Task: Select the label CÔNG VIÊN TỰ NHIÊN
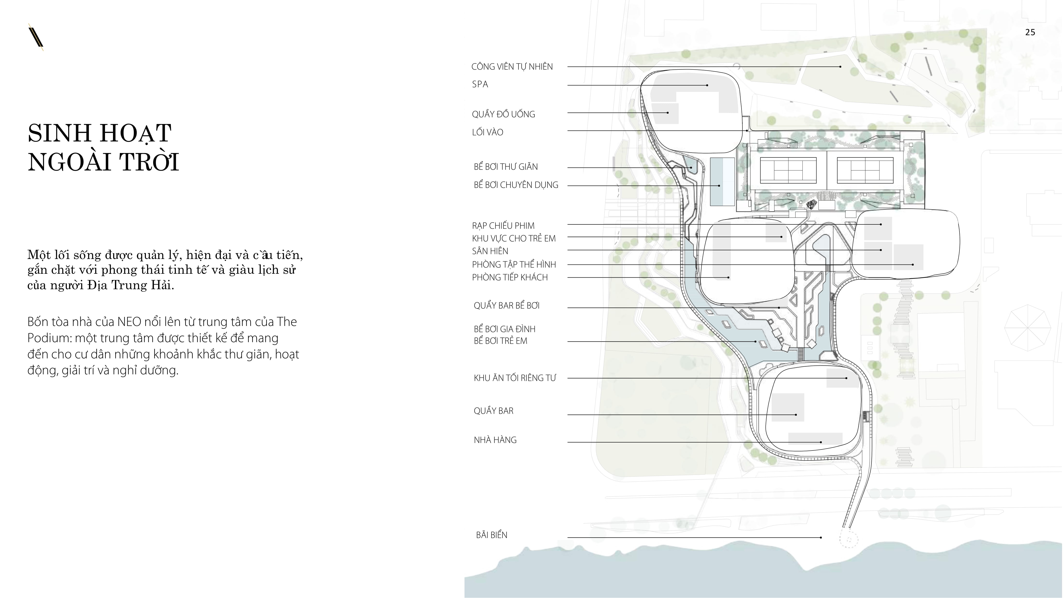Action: click(x=512, y=66)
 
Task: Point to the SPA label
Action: click(x=480, y=84)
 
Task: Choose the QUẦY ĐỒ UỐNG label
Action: click(x=503, y=114)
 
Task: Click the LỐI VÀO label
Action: click(x=487, y=132)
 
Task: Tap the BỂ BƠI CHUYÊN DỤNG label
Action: click(x=516, y=185)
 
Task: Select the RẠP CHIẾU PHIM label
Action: click(x=503, y=225)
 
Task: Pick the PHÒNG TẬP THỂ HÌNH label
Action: click(x=514, y=264)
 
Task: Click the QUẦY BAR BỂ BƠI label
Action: click(x=506, y=306)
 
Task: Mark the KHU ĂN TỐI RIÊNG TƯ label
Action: click(x=515, y=378)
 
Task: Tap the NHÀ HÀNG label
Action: click(x=495, y=440)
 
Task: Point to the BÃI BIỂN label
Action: click(x=492, y=535)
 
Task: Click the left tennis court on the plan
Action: click(x=788, y=170)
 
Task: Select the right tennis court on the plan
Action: click(x=864, y=170)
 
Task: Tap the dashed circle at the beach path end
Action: click(x=849, y=539)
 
